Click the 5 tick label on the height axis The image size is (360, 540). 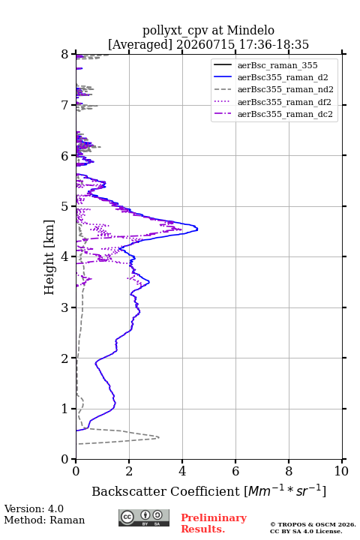(x=65, y=206)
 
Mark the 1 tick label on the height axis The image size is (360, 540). (x=65, y=409)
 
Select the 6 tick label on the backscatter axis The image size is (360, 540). (x=235, y=471)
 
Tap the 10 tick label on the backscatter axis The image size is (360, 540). (x=341, y=471)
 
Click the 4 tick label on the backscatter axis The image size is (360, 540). (x=182, y=471)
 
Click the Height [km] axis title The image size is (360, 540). (x=49, y=257)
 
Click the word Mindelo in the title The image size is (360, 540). (x=250, y=30)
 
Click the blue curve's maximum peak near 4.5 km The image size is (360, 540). (x=197, y=228)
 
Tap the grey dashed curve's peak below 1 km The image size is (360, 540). (x=159, y=437)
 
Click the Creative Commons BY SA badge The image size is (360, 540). (x=144, y=517)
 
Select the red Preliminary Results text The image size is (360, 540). (x=214, y=523)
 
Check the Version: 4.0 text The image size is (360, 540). (x=34, y=508)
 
